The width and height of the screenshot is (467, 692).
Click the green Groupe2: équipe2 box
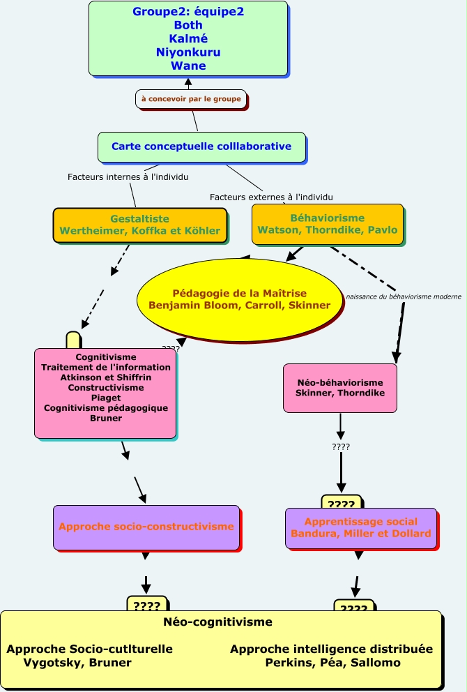click(x=188, y=38)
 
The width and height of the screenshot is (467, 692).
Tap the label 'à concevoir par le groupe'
click(x=191, y=99)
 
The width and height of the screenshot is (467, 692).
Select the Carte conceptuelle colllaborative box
click(x=201, y=146)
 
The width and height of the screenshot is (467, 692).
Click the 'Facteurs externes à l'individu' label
click(x=271, y=197)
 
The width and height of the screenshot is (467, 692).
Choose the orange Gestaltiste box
click(x=140, y=225)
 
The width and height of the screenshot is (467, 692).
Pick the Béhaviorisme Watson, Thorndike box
click(x=327, y=224)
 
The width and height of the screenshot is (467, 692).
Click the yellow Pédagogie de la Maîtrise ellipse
click(x=239, y=299)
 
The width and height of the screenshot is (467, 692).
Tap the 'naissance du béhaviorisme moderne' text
click(x=404, y=296)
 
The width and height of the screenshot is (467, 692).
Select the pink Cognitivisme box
click(x=105, y=393)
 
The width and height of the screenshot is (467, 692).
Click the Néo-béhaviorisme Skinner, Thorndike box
click(x=340, y=388)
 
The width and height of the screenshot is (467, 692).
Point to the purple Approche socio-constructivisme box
click(x=146, y=527)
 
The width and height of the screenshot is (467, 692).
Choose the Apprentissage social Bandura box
click(x=360, y=528)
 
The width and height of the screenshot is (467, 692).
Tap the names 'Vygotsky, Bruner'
click(x=77, y=663)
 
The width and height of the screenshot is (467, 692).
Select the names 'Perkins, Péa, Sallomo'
click(x=332, y=663)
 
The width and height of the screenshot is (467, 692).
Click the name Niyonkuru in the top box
click(x=188, y=52)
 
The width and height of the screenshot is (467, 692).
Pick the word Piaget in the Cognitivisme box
click(x=106, y=398)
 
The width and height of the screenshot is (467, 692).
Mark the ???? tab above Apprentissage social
click(x=342, y=504)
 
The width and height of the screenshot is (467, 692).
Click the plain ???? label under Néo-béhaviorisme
click(x=341, y=446)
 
